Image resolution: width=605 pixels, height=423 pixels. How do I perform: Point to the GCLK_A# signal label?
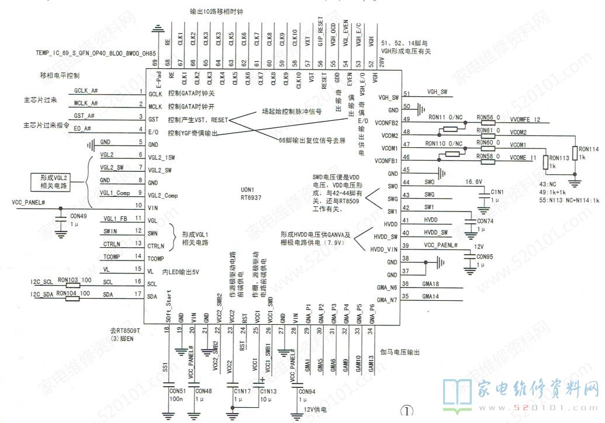point(86,91)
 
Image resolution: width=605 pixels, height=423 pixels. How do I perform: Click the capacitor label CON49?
point(78,215)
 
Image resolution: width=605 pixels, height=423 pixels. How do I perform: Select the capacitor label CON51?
point(177,390)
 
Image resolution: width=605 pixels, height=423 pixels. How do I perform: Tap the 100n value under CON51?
point(175,398)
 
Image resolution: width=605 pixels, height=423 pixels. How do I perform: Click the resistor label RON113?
point(560,157)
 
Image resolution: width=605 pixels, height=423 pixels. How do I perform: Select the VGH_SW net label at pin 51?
point(437,92)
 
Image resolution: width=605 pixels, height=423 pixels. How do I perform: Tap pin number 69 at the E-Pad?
point(155,63)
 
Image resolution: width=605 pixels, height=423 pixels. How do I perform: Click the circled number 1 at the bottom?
point(406,411)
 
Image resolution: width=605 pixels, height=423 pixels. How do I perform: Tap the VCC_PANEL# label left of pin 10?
point(29,202)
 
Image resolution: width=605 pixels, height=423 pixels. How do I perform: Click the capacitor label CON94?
point(307,391)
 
